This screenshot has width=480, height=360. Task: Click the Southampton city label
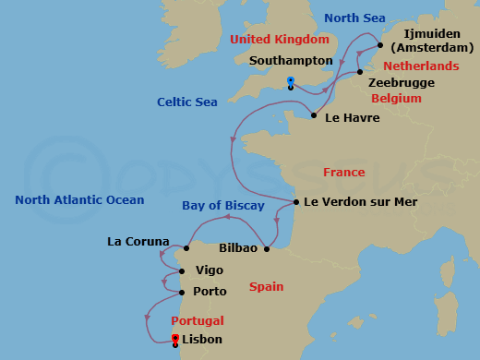[x=291, y=60]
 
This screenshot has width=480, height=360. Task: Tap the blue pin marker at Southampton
[x=291, y=82]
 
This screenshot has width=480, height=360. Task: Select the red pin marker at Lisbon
[x=175, y=339]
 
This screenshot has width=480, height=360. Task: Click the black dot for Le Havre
[x=315, y=116]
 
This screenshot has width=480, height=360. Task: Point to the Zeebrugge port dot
[x=360, y=72]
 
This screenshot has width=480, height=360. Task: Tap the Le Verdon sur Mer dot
[x=295, y=202]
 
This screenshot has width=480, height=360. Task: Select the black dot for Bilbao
[x=266, y=248]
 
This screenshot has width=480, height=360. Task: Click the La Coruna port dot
[x=186, y=248]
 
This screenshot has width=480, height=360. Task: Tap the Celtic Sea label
[x=187, y=102]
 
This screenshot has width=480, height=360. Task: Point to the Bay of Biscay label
[x=223, y=205]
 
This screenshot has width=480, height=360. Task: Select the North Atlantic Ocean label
[x=79, y=199]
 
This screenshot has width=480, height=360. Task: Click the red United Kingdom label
[x=279, y=40]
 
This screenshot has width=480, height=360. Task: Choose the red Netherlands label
[x=421, y=66]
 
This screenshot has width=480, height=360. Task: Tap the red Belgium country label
[x=396, y=98]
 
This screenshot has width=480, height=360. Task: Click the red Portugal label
[x=198, y=320]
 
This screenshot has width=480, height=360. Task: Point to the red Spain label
[x=266, y=287]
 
